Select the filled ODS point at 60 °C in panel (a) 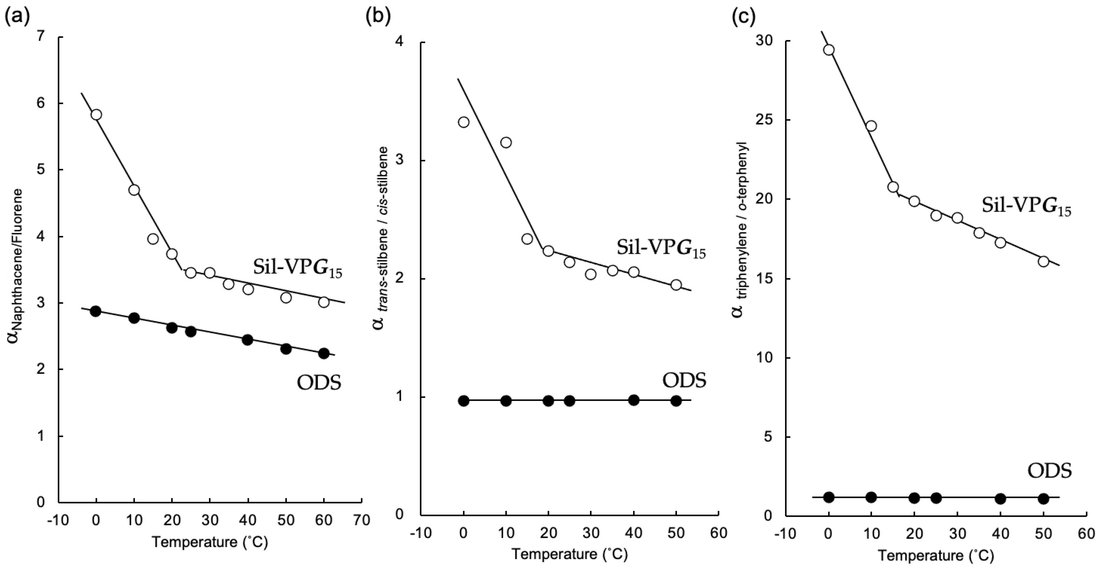pyautogui.click(x=324, y=353)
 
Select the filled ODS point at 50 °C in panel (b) pyautogui.click(x=676, y=401)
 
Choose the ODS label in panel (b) pyautogui.click(x=684, y=380)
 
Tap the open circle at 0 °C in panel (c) pyautogui.click(x=829, y=50)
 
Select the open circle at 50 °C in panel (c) pyautogui.click(x=1043, y=261)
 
